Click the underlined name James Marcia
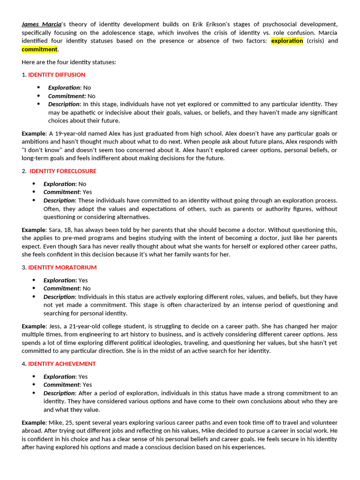point(42,24)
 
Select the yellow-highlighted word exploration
point(287,41)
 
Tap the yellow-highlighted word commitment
point(39,49)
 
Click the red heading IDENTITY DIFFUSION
point(57,75)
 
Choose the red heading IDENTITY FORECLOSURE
point(63,171)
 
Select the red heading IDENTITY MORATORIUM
point(62,268)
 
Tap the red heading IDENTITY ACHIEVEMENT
point(62,364)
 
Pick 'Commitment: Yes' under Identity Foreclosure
point(67,192)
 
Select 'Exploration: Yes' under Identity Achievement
point(66,377)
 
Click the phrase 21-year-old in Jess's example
point(82,326)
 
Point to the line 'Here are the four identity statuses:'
point(69,62)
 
